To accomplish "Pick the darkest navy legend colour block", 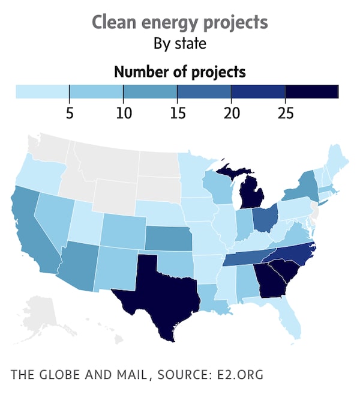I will point(312,91).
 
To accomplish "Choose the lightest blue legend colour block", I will point(42,91).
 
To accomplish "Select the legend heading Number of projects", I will point(179,72).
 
